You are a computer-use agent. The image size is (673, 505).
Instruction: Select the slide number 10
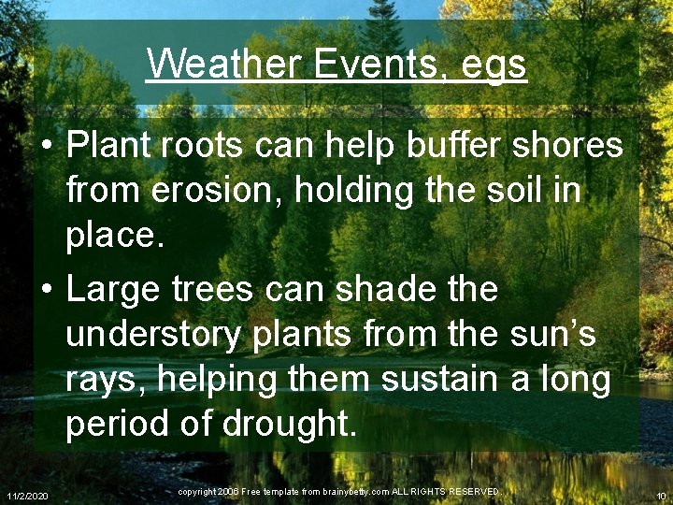660,494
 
